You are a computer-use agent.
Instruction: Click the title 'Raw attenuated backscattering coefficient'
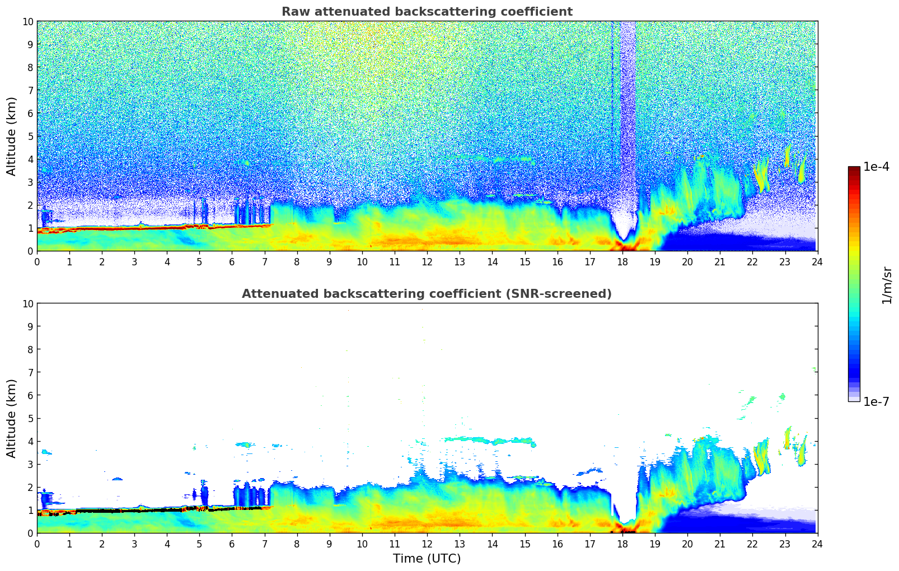tap(427, 12)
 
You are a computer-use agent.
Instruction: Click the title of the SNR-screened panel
tap(427, 294)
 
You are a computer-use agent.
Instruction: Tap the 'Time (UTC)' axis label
tap(427, 558)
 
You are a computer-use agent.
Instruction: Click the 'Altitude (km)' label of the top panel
tap(12, 136)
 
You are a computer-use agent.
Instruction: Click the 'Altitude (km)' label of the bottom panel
tap(12, 418)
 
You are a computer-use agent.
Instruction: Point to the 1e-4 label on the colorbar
tap(876, 167)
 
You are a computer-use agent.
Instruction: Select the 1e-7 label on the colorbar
tap(876, 401)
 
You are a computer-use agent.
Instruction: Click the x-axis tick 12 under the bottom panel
tap(427, 544)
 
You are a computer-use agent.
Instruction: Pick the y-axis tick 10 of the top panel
tap(27, 21)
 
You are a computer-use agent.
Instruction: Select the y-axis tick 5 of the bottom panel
tap(30, 418)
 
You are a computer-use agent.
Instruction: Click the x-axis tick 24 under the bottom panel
tap(817, 544)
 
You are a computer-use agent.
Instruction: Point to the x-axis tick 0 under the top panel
tap(38, 261)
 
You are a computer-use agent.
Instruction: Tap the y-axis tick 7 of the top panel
tap(30, 90)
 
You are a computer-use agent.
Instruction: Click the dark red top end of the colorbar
tap(854, 169)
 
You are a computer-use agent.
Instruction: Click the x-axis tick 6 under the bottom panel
tap(232, 544)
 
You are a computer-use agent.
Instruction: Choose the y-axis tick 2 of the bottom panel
tap(30, 487)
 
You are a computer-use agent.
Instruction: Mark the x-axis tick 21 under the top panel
tap(720, 261)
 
